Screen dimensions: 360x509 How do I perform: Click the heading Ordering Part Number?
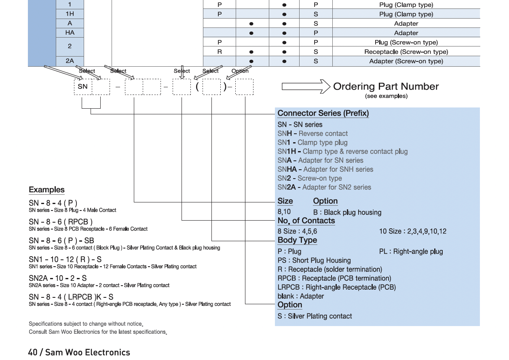point(386,86)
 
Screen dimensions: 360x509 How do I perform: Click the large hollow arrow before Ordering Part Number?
point(306,86)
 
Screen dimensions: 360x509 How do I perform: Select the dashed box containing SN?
point(83,86)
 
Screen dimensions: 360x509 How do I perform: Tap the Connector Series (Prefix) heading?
point(323,114)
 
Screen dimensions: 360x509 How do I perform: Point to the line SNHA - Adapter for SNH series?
point(325,169)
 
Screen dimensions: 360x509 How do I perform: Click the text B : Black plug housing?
point(347,213)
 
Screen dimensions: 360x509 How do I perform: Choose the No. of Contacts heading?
point(306,221)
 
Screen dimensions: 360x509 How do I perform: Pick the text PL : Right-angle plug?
point(411,251)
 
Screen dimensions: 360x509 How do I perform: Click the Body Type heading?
point(297,240)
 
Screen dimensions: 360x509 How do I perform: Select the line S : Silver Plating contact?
point(315,316)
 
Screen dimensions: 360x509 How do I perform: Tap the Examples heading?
point(46,190)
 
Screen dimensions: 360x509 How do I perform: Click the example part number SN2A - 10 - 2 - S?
point(57,278)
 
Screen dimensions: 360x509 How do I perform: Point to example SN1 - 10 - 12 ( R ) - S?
point(65,259)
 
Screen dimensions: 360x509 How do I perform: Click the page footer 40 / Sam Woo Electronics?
point(79,352)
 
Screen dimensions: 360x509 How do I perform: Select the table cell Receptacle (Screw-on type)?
point(406,52)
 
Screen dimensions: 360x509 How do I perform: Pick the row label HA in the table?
point(70,33)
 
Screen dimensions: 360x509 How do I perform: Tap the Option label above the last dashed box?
point(240,71)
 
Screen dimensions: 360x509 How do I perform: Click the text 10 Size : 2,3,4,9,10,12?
point(412,232)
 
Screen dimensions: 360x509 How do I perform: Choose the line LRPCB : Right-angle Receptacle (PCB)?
point(336,287)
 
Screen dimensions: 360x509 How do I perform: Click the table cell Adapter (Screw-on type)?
point(406,61)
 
